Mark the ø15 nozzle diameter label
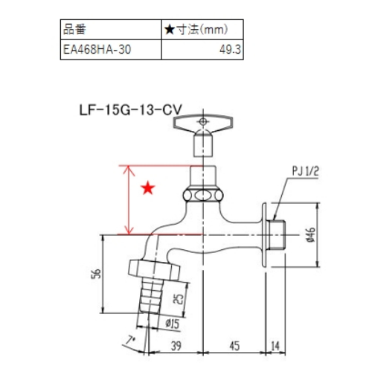point(170,322)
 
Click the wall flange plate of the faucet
point(263,233)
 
